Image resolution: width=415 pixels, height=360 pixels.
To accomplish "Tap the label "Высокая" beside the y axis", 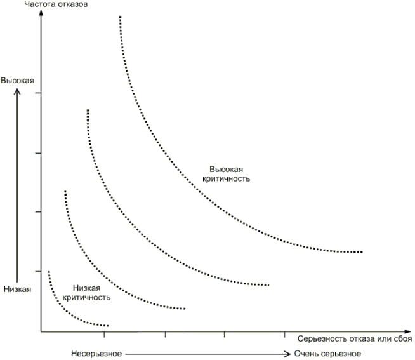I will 16,81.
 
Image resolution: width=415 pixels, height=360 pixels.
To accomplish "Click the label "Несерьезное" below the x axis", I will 96,354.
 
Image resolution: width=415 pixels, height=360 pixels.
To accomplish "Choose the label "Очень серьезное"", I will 327,354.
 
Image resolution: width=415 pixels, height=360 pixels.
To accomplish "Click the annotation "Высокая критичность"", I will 230,174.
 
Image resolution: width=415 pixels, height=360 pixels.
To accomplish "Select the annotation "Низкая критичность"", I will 87,292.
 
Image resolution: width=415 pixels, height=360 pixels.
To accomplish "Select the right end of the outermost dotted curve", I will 360,252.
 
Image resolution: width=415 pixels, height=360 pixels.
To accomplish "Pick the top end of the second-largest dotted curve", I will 88,110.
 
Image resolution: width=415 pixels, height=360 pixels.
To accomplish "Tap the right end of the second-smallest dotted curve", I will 184,309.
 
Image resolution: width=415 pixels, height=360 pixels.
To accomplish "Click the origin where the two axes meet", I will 41,331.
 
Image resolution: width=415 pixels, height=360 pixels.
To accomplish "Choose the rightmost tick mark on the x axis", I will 284,333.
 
